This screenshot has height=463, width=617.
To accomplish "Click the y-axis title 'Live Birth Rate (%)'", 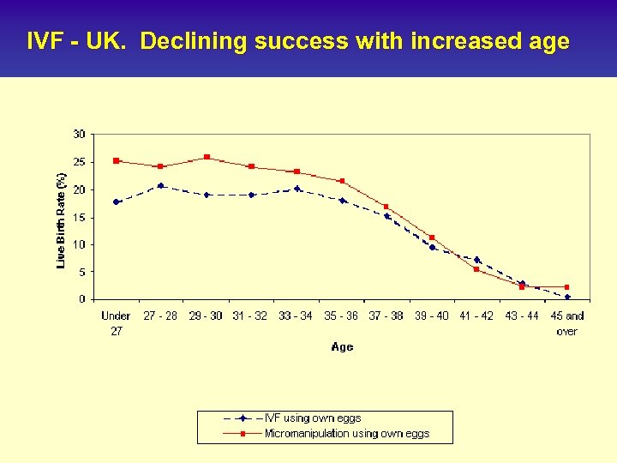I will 61,219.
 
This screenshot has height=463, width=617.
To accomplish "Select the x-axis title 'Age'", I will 342,347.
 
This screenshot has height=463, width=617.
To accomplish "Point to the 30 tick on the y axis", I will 79,135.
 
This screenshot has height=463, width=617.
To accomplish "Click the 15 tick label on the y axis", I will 79,217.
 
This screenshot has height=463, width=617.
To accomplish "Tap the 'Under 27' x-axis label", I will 116,323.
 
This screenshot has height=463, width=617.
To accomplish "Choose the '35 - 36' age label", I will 341,316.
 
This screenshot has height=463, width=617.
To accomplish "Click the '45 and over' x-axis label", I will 566,323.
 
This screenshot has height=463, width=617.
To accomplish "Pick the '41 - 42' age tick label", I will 476,316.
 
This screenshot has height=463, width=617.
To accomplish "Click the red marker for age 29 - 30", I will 207,157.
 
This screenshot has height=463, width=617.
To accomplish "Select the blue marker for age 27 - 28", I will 160,185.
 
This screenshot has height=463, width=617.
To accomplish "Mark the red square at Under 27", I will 116,160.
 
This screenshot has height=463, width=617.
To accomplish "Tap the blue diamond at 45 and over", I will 567,297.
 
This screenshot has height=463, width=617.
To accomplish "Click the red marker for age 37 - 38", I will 386,207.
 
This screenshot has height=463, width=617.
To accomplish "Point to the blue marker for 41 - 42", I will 476,260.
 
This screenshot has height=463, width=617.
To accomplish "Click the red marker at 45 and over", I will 567,287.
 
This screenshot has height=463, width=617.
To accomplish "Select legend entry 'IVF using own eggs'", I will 313,418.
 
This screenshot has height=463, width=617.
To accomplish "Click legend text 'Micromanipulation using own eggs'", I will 346,434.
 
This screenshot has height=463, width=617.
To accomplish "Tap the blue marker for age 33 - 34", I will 297,189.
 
